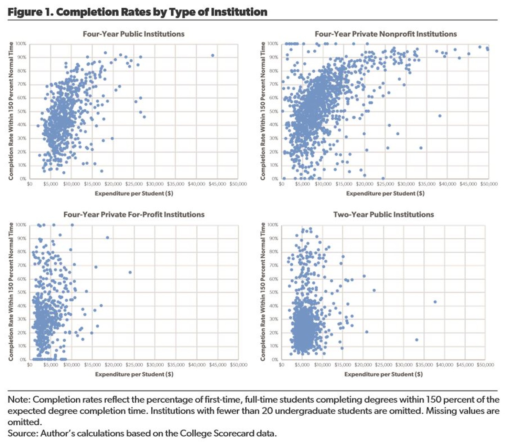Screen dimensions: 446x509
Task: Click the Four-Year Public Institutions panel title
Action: coord(133,34)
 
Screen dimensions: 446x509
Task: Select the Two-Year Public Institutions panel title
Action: coord(383,215)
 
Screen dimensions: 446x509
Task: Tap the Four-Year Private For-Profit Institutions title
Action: coord(134,215)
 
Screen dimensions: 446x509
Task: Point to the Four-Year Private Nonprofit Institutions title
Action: coord(386,34)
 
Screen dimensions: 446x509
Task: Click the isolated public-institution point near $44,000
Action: coord(213,55)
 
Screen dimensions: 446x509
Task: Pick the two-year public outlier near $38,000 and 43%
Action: coord(435,302)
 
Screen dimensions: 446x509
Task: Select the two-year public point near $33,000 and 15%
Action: coord(416,340)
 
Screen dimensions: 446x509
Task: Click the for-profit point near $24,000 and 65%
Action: coord(130,272)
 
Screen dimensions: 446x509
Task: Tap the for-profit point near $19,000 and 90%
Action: coord(107,238)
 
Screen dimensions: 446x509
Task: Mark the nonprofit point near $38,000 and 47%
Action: coord(440,116)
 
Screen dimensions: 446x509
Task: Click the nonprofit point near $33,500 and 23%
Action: coord(421,148)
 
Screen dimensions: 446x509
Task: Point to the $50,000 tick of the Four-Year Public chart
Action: coord(238,184)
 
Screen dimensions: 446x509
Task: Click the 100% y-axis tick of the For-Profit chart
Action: coord(21,225)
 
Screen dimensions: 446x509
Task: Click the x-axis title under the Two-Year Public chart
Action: coord(383,374)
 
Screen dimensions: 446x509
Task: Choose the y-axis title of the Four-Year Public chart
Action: coord(11,111)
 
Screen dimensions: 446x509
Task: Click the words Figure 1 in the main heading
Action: coord(30,12)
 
